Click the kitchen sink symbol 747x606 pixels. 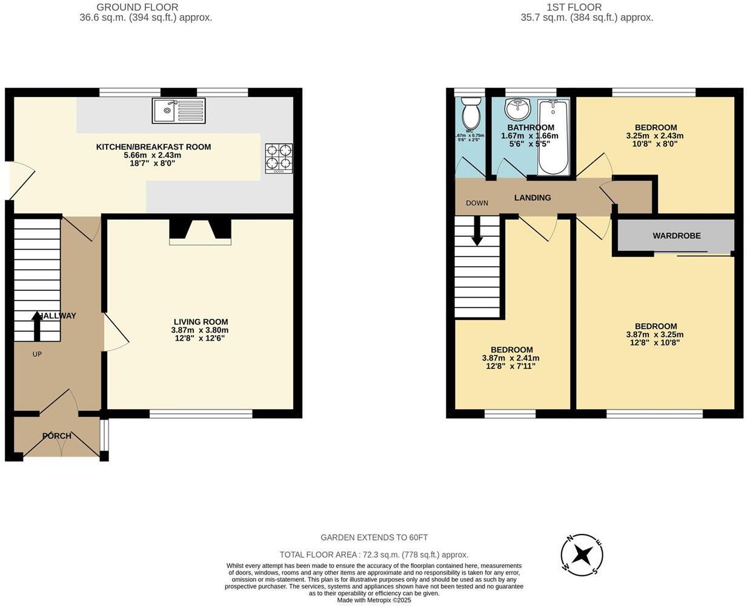179,111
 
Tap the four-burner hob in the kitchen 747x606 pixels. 279,158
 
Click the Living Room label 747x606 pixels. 201,322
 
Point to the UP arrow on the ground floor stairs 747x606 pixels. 37,325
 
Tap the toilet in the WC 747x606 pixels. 470,113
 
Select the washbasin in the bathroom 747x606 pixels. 517,109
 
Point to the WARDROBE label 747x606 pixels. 676,236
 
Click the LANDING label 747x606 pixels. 533,198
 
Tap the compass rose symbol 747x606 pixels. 582,554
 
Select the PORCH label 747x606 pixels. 57,436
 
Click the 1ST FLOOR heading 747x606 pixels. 574,7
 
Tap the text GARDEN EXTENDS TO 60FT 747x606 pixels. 374,538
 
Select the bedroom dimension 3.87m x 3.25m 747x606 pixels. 654,335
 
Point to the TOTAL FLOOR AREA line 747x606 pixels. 374,554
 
